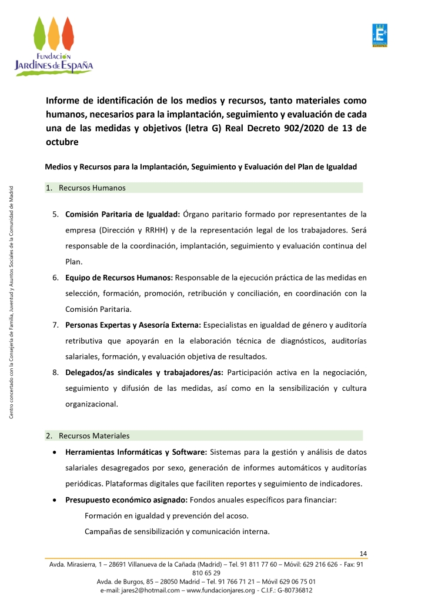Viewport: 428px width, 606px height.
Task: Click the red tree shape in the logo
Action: pos(68,35)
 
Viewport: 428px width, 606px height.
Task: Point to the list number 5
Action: pos(55,214)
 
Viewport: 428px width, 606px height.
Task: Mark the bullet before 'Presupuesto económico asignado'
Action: pos(55,500)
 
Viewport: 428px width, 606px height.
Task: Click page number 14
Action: pos(363,554)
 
